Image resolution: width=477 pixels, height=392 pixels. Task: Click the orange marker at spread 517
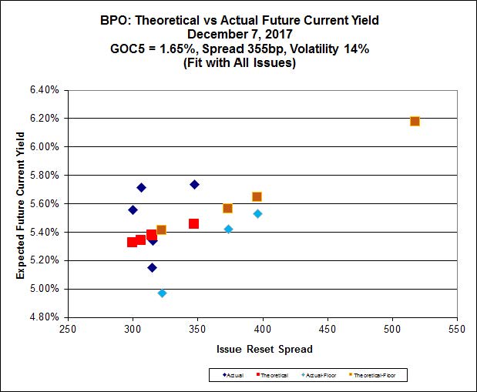coord(415,121)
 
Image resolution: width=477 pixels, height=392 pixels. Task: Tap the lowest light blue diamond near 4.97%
coord(162,293)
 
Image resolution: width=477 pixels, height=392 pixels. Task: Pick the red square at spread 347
coord(193,223)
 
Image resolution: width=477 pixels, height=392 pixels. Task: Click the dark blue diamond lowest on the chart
coord(152,267)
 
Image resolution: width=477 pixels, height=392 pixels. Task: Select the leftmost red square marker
coord(132,242)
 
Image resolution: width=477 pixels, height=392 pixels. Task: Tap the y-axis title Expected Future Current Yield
coord(22,203)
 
